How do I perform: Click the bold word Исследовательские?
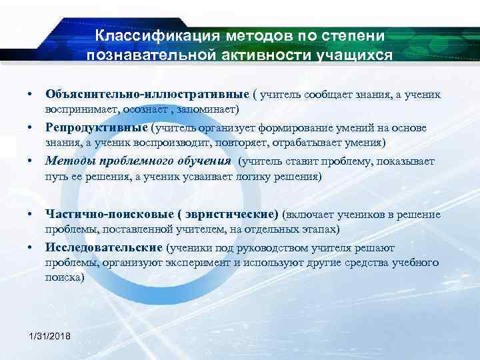104,248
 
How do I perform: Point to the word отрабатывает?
283,143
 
